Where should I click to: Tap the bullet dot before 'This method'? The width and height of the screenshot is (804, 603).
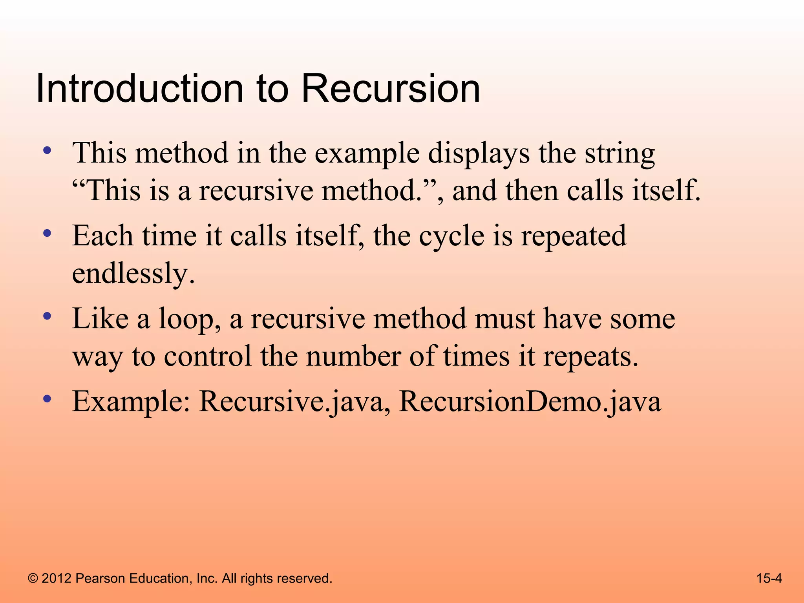48,150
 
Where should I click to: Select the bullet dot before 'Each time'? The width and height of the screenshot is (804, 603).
48,234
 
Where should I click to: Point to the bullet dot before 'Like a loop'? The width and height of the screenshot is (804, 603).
48,316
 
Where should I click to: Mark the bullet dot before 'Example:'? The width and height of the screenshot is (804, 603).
48,400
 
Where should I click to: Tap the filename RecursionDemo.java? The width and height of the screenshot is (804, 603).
530,402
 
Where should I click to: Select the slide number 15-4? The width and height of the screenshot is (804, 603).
769,578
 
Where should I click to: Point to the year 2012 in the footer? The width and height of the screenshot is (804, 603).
56,578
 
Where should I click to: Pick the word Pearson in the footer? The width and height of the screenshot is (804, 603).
100,578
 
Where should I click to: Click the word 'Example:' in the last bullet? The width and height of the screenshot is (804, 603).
132,402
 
